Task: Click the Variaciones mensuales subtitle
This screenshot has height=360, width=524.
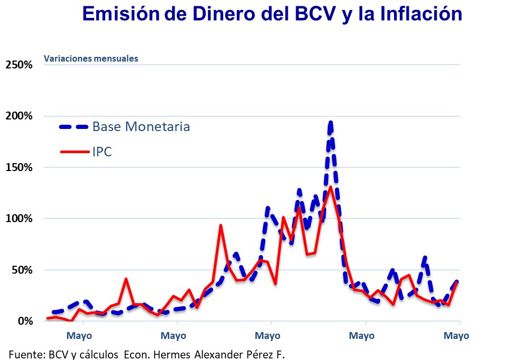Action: (x=91, y=58)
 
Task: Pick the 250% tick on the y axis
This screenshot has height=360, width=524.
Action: (x=19, y=65)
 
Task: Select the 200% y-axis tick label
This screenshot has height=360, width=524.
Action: (x=19, y=116)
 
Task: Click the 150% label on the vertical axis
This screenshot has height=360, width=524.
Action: (x=19, y=167)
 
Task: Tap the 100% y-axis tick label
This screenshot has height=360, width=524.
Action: (x=19, y=218)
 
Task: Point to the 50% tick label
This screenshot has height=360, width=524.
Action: (x=22, y=270)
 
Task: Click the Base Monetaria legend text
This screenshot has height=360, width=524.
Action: (x=141, y=126)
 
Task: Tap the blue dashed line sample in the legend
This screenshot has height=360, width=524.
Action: (x=74, y=126)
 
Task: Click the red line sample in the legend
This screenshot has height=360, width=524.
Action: (x=74, y=152)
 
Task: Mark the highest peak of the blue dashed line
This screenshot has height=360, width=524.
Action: (x=330, y=123)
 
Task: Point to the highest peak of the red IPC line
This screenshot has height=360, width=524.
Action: (x=330, y=187)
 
